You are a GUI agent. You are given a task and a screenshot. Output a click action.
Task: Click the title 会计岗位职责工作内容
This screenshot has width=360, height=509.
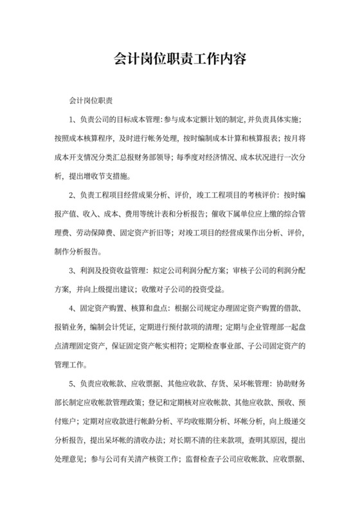point(180,59)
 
